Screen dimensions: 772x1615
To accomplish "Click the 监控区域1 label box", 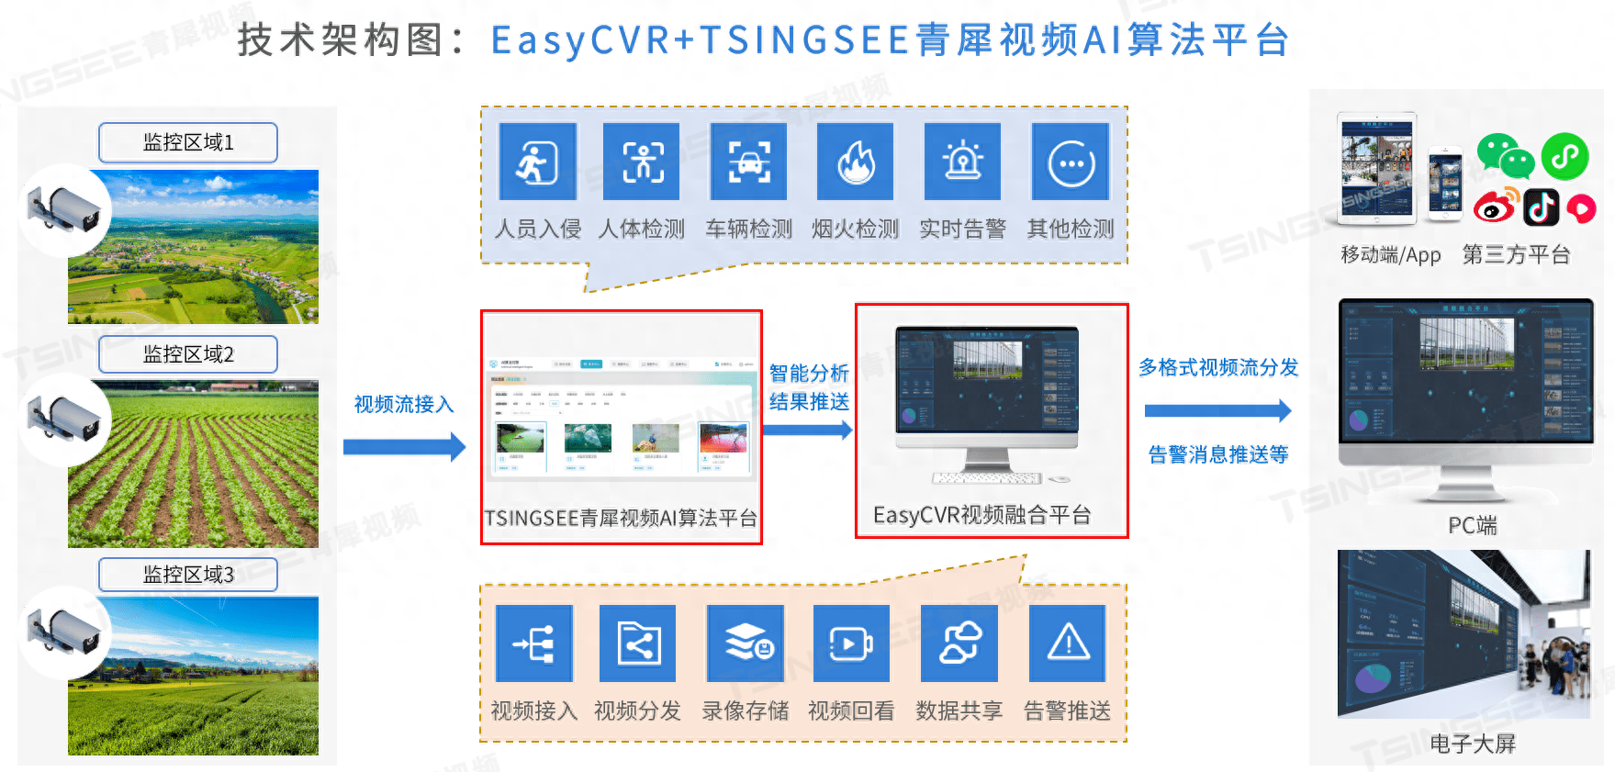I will coord(188,142).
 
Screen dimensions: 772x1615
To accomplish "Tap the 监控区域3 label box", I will coord(188,575).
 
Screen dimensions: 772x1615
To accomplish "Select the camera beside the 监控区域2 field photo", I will coord(64,419).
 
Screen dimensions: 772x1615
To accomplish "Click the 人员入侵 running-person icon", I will coord(537,162).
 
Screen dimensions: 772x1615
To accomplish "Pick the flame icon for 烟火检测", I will coord(855,162).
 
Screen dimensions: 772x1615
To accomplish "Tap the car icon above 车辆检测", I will coord(748,162).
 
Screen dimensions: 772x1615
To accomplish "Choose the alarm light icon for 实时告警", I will coord(962,162).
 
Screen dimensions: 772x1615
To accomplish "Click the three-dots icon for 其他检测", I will coord(1071,163).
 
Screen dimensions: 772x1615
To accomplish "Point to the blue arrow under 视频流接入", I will coord(404,447).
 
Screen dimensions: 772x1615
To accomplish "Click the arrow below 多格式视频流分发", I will coord(1217,410).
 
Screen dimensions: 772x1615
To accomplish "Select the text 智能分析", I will coord(809,373).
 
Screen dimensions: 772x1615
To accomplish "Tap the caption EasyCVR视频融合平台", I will coord(981,515).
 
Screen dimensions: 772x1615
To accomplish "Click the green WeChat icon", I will coord(1504,155).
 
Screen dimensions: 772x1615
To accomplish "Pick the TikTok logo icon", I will coord(1542,207).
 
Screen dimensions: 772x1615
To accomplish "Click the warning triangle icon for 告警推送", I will coord(1068,643).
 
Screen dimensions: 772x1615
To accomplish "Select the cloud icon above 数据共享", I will coord(959,643).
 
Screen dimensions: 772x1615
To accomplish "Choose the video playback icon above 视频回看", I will coord(851,643).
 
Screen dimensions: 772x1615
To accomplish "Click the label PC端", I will coord(1472,526).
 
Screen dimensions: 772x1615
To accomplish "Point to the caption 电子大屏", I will coord(1472,744).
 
